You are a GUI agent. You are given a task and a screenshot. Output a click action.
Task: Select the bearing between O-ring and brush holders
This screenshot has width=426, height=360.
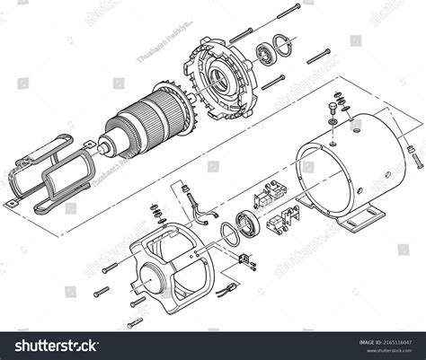point(246,224)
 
